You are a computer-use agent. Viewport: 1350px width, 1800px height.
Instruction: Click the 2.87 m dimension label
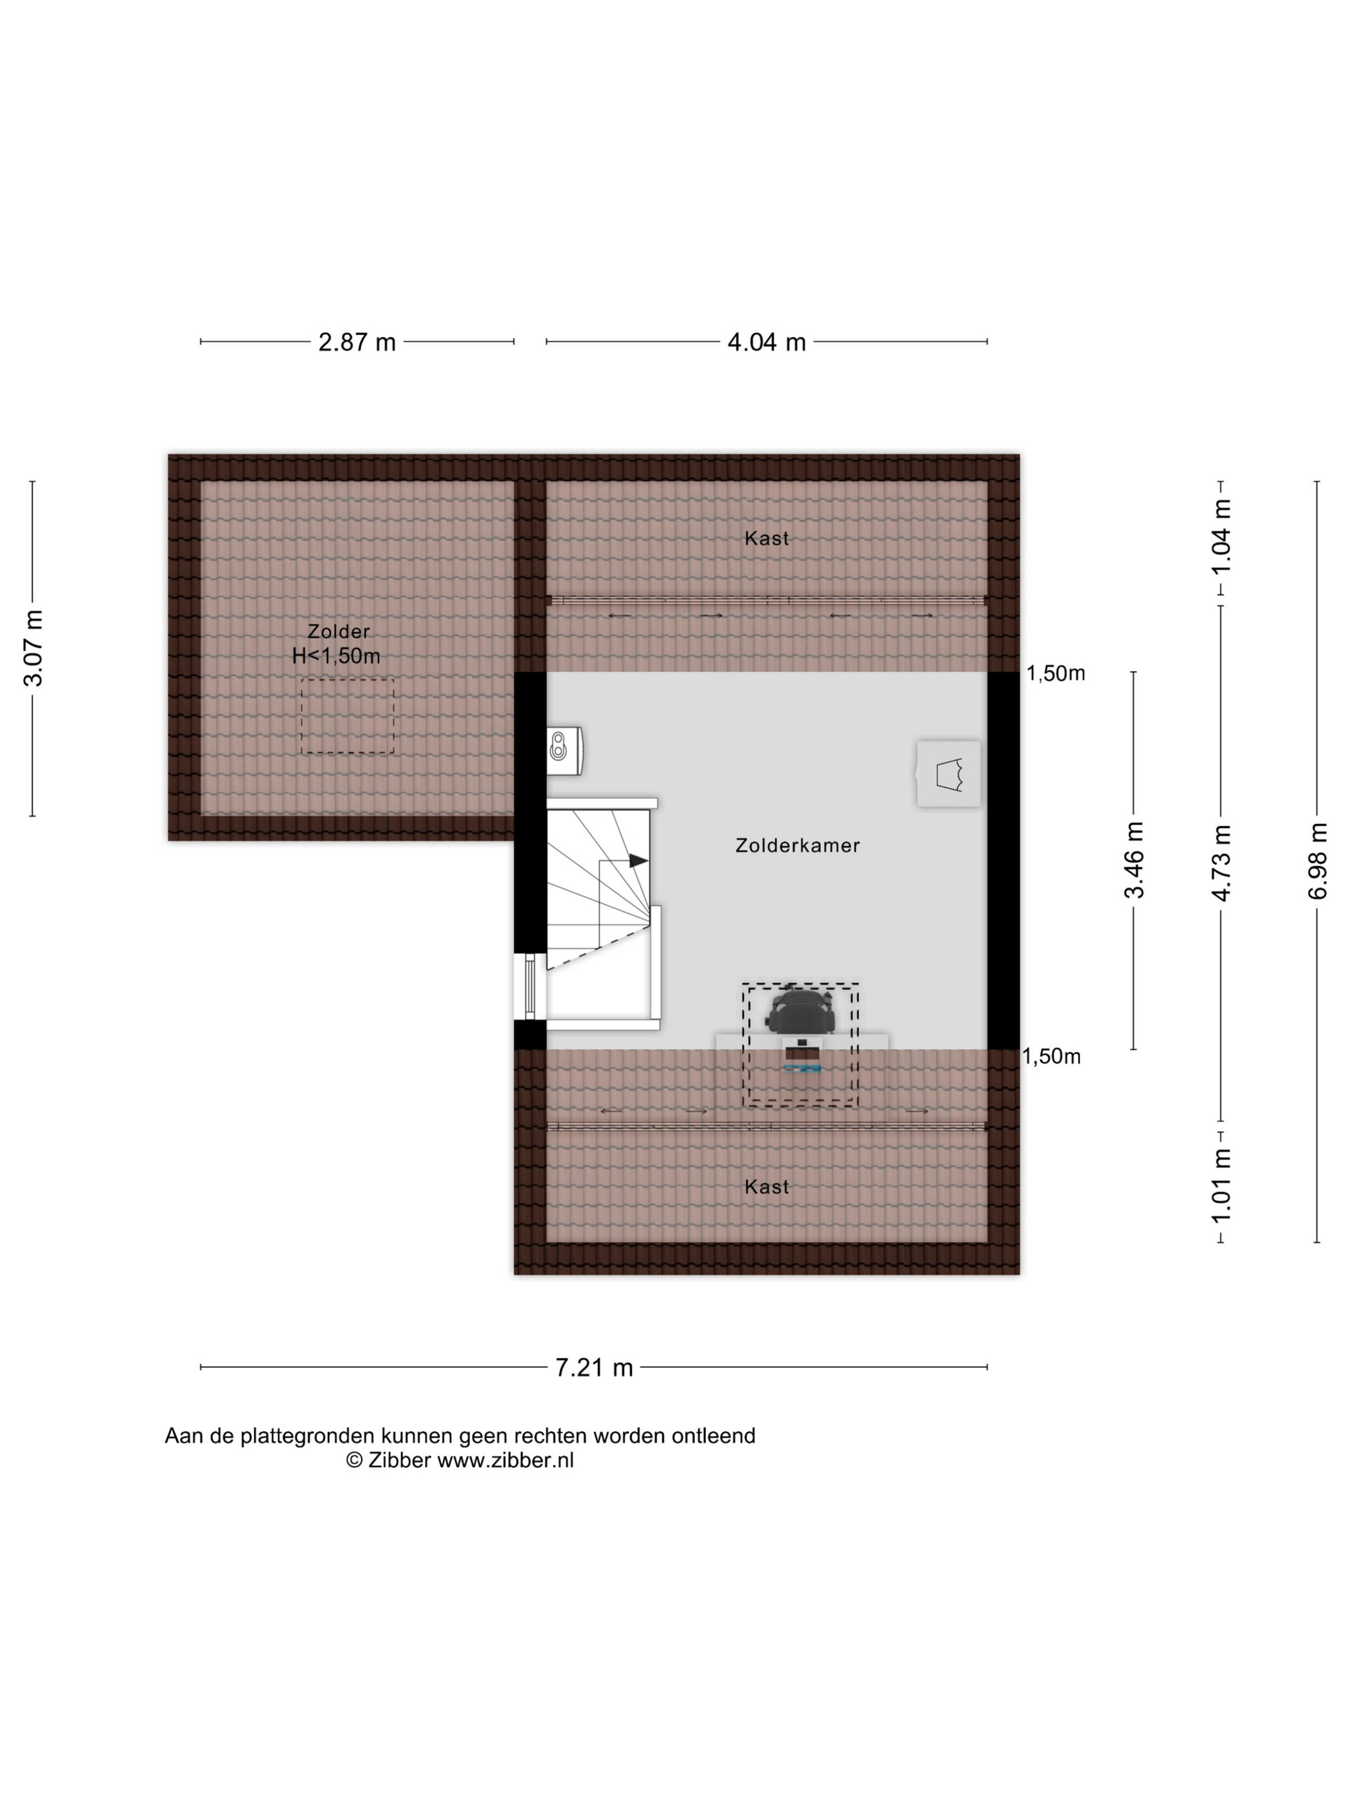tap(356, 342)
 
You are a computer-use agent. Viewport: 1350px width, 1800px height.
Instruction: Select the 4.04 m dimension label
tap(766, 342)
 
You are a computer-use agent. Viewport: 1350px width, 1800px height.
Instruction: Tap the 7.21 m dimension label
tap(594, 1367)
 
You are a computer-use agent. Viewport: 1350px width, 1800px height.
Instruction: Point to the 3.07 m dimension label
tap(33, 649)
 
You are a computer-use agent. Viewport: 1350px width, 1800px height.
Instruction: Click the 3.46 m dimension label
tap(1133, 860)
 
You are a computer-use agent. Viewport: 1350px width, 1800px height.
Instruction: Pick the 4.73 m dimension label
tap(1221, 863)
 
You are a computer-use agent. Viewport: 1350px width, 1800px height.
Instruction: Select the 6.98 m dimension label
tap(1317, 861)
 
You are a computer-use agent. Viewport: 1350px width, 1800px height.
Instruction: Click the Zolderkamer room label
tap(798, 845)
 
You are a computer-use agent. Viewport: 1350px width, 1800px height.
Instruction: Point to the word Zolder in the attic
tap(339, 631)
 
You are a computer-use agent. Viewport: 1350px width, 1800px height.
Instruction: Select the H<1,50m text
tap(336, 656)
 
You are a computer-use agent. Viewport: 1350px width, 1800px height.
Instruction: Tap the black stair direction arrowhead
tap(639, 860)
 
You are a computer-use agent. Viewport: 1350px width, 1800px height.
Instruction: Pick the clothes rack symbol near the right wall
tap(949, 774)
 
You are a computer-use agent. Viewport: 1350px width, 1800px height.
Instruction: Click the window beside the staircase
tap(530, 986)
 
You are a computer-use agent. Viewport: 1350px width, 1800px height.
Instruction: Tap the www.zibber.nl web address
tap(505, 1460)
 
